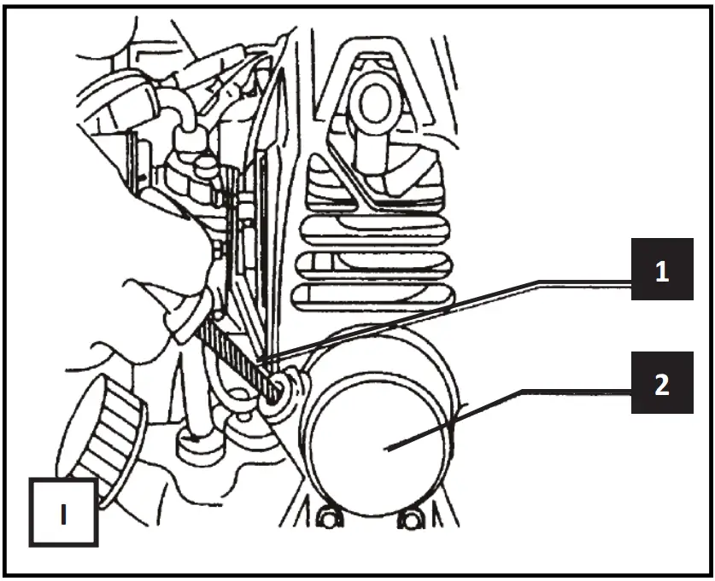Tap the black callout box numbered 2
point(662,385)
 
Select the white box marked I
point(63,511)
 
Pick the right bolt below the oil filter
point(413,518)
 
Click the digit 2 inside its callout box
point(662,385)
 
